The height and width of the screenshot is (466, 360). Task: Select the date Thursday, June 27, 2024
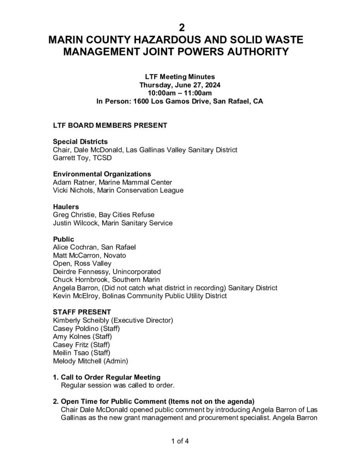pyautogui.click(x=180, y=85)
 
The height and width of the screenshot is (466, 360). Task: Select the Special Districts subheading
pyautogui.click(x=80, y=142)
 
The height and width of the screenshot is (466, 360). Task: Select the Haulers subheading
pyautogui.click(x=66, y=207)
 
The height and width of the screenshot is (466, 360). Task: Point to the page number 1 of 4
pyautogui.click(x=180, y=440)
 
